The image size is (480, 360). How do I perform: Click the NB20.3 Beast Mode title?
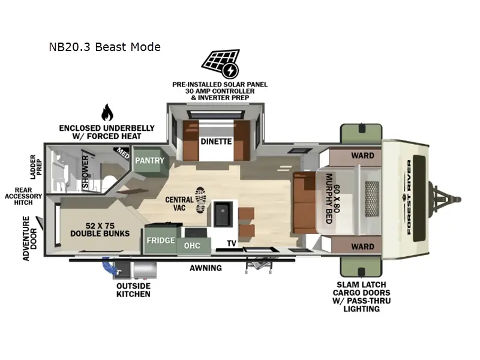[x=105, y=46]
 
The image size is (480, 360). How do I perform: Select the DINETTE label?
[x=216, y=142]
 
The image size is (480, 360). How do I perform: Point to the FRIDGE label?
[x=161, y=241]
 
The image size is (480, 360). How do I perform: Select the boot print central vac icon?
[x=200, y=199]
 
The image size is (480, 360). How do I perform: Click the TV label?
[x=231, y=244]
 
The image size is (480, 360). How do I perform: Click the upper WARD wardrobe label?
[x=362, y=155]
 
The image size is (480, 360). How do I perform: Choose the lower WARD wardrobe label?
[x=362, y=246]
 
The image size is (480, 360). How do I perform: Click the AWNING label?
[x=206, y=268]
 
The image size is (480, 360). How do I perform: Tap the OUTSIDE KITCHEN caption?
[x=133, y=290]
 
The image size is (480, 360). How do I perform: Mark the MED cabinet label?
[x=123, y=154]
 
